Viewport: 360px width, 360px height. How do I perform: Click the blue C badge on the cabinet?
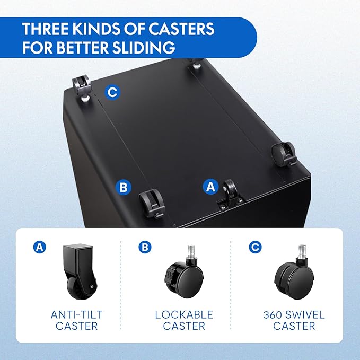click(x=112, y=93)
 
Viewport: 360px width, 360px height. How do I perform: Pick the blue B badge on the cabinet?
click(x=124, y=187)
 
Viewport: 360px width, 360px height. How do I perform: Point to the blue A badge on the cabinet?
click(x=210, y=186)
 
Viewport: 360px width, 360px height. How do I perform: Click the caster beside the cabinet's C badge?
click(x=81, y=89)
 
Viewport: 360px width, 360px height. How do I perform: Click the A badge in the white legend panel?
click(x=39, y=247)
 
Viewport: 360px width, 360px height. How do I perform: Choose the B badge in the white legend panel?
click(x=145, y=247)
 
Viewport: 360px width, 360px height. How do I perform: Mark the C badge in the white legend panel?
click(x=255, y=247)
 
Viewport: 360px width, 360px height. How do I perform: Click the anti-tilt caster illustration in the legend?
click(x=80, y=271)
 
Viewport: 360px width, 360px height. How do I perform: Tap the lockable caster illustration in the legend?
click(x=183, y=272)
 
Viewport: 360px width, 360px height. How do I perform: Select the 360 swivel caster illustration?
click(x=294, y=272)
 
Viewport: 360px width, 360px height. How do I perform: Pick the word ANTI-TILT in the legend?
click(x=76, y=314)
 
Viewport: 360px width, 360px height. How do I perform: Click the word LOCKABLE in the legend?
click(x=184, y=314)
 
